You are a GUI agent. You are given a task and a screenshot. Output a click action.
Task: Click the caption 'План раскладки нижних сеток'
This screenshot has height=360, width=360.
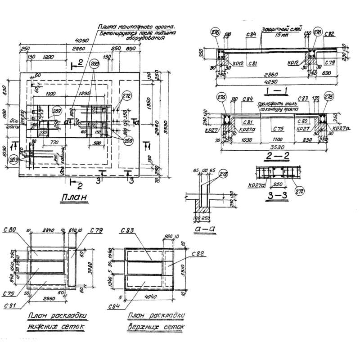[x=57, y=321]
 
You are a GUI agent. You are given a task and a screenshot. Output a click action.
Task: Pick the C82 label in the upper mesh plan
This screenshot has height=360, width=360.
[x=196, y=254]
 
